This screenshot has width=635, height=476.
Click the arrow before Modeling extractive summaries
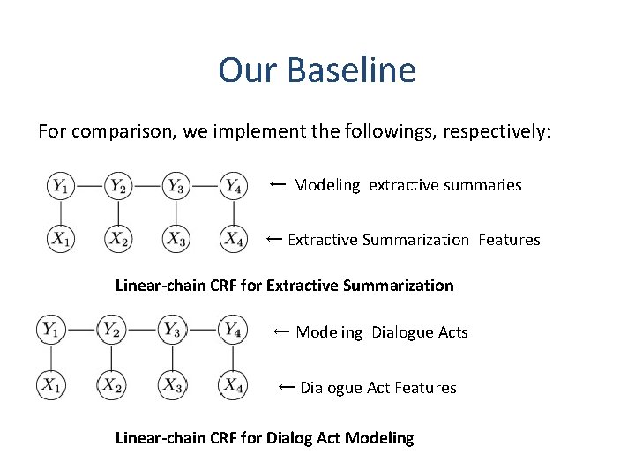(277, 184)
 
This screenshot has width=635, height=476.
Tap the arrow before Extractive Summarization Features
(273, 239)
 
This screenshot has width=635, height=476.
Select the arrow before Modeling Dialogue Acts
(281, 331)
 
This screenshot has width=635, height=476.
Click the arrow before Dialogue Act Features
(286, 387)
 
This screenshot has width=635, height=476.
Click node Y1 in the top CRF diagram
(60, 185)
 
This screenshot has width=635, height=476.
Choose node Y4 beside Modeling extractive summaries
(233, 185)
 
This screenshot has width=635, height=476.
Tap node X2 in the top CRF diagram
(118, 239)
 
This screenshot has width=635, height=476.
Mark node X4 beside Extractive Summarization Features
(233, 239)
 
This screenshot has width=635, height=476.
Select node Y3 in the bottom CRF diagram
(172, 330)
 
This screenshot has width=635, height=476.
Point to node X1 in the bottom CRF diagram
(50, 385)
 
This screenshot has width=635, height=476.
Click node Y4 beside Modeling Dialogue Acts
(233, 330)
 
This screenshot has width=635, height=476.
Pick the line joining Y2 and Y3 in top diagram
(146, 185)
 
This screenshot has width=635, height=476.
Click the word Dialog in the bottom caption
(301, 438)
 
